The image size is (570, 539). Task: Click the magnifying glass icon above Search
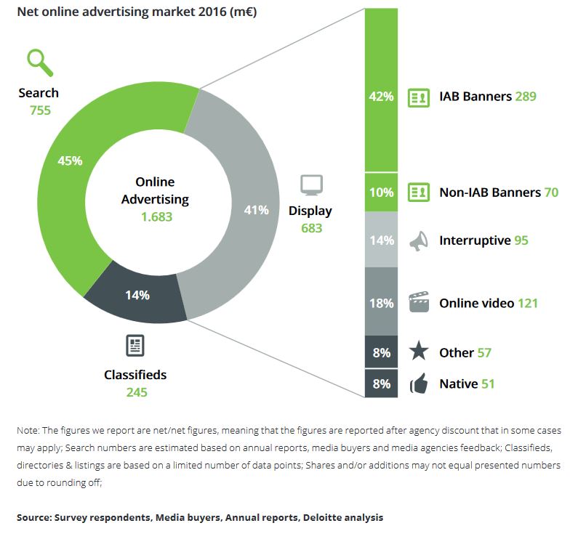pyautogui.click(x=40, y=63)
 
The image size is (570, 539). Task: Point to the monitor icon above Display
pyautogui.click(x=311, y=185)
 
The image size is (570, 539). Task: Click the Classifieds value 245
pyautogui.click(x=135, y=392)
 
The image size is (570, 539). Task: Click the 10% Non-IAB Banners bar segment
pyautogui.click(x=381, y=192)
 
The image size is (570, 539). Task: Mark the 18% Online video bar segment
pyautogui.click(x=381, y=301)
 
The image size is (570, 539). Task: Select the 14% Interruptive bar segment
pyautogui.click(x=381, y=240)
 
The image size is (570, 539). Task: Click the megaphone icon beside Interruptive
pyautogui.click(x=418, y=240)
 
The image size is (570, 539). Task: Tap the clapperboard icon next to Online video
pyautogui.click(x=418, y=303)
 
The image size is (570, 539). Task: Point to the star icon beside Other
pyautogui.click(x=418, y=352)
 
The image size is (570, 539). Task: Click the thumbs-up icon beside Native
pyautogui.click(x=418, y=384)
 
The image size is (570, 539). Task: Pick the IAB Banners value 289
pyautogui.click(x=525, y=96)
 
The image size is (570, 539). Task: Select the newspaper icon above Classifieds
pyautogui.click(x=135, y=346)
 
